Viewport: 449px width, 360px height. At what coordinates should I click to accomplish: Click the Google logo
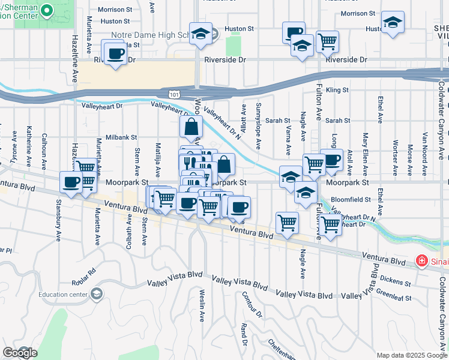tap(20, 353)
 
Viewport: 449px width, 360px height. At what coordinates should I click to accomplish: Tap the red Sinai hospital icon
tap(421, 262)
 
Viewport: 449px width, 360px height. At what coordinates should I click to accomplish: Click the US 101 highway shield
tap(173, 94)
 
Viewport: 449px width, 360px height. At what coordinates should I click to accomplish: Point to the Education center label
tap(62, 294)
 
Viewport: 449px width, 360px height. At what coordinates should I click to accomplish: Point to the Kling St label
tap(337, 90)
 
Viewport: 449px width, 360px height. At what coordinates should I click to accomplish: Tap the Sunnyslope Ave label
tap(258, 125)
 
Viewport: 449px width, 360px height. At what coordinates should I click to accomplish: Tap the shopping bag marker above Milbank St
tap(191, 127)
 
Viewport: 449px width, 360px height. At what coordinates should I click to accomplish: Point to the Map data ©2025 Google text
tap(412, 355)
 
